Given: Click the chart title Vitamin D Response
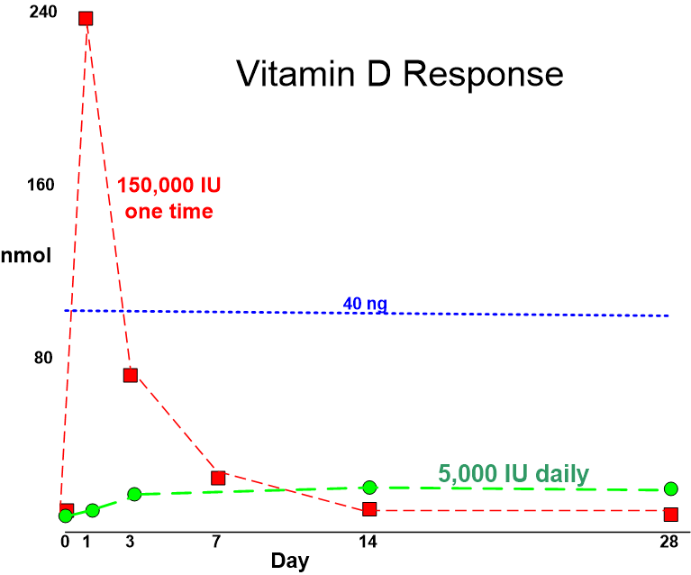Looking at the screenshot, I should (400, 74).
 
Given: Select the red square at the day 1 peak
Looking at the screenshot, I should (86, 18).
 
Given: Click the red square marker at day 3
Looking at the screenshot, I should (130, 375).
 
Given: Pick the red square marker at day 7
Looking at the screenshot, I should (217, 478).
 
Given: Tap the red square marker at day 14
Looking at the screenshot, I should (369, 509).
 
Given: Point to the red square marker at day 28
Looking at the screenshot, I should (670, 514).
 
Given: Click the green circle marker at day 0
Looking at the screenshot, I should (65, 516).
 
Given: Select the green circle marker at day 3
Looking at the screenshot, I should (134, 494).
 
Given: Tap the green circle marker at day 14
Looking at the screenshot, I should (369, 487).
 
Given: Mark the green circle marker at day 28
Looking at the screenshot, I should (670, 488).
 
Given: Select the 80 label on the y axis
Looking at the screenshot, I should (43, 358).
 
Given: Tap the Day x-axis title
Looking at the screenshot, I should (290, 561).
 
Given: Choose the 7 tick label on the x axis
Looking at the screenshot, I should (217, 542).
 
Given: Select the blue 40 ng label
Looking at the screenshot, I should (365, 304).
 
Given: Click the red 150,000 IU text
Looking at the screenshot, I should (169, 186).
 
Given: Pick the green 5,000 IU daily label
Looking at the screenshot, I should (514, 473).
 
